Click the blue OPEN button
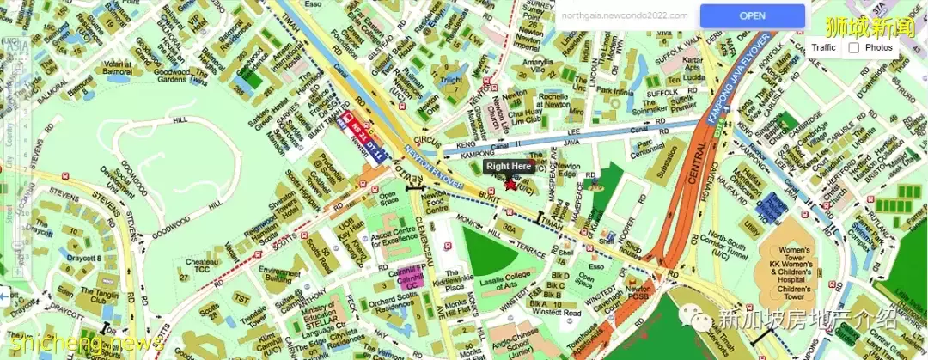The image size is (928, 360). click(x=752, y=15)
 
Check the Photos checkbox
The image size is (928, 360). click(x=854, y=47)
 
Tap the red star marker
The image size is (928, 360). click(x=510, y=183)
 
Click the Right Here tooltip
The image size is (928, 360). click(x=509, y=166)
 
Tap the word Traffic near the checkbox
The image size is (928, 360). click(x=823, y=47)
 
